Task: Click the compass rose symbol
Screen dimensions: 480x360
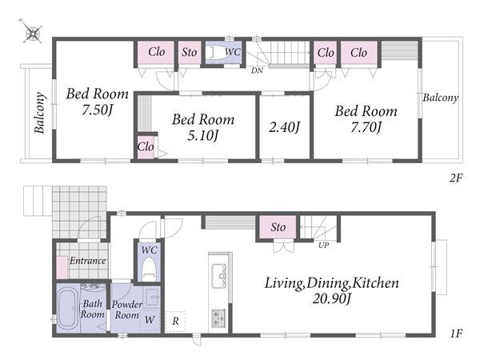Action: (32, 32)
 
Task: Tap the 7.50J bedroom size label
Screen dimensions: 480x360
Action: (97, 110)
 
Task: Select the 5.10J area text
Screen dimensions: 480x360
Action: (202, 135)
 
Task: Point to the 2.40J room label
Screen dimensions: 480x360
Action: (284, 127)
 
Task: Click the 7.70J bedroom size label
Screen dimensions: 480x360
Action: (366, 127)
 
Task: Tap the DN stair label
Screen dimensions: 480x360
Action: (257, 70)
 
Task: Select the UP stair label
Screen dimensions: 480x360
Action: (323, 246)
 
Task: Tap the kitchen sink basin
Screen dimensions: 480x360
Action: (219, 275)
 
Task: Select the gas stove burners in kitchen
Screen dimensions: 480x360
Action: (218, 318)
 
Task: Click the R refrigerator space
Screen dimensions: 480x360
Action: (175, 322)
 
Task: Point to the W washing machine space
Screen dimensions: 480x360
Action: (150, 320)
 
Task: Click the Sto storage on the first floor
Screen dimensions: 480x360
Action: (278, 227)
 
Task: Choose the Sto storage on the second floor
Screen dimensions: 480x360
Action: (189, 52)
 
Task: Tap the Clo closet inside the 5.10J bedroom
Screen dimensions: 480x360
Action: (146, 147)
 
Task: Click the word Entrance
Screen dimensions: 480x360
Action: (88, 261)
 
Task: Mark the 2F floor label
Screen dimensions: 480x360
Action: (456, 178)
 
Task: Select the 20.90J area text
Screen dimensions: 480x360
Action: (331, 298)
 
